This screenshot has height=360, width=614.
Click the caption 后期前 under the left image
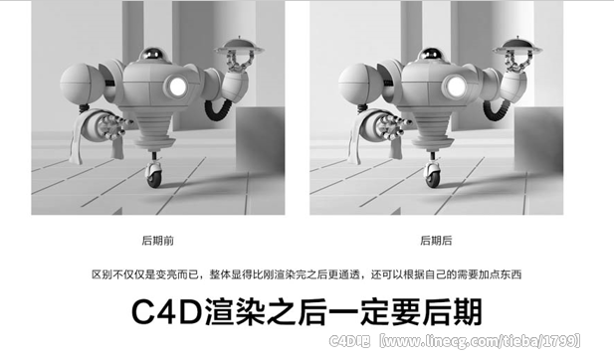[x=158, y=241]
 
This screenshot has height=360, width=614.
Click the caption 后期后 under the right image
[x=436, y=241]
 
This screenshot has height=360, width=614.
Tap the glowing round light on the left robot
[x=178, y=87]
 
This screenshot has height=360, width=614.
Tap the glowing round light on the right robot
[x=457, y=87]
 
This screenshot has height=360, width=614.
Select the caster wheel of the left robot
[x=153, y=175]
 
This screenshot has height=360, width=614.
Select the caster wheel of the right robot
[x=432, y=175]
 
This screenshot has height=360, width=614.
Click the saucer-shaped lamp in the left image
[x=239, y=47]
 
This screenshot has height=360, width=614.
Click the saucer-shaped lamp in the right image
[x=517, y=47]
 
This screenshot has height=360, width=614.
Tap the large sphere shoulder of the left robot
[x=80, y=84]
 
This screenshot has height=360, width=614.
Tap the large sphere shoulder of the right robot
[x=358, y=84]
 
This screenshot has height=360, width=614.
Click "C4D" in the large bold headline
[x=166, y=312]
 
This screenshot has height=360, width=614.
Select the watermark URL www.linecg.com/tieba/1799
[x=480, y=341]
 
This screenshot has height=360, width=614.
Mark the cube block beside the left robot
[x=260, y=139]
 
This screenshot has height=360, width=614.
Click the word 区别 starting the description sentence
[x=102, y=274]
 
